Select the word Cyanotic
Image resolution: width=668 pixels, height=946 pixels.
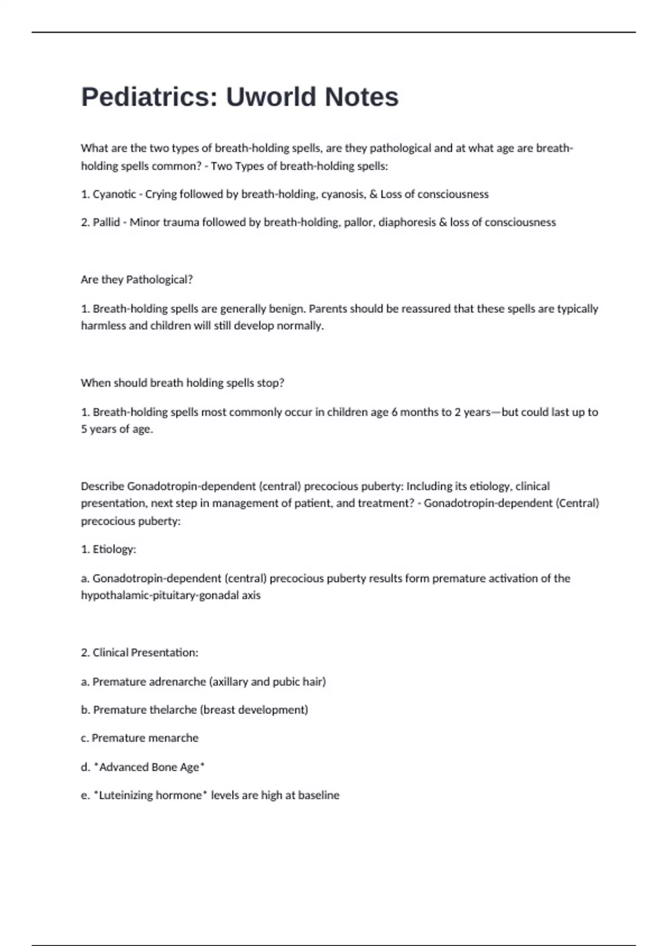pos(114,194)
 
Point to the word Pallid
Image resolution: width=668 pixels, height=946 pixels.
pos(106,223)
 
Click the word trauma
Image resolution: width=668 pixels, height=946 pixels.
pos(181,223)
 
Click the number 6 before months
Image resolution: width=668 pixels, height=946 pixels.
pos(395,412)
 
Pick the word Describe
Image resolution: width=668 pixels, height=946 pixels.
pos(102,486)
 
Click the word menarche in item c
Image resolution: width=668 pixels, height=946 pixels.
pos(172,738)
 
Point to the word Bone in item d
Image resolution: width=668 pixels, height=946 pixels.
pos(164,767)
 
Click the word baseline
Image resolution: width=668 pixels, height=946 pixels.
pos(318,796)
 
